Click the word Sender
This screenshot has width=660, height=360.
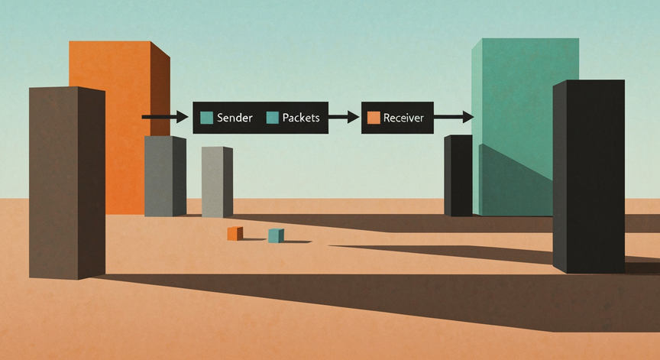point(235,118)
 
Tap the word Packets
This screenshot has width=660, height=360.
point(300,118)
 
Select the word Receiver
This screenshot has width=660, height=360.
point(403,118)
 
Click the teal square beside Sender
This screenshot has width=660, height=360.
point(207,118)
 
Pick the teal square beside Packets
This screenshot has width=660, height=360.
point(273,118)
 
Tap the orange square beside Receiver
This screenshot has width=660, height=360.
point(374,118)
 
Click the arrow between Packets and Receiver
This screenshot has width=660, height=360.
point(344,117)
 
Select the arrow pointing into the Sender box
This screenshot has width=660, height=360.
point(165,117)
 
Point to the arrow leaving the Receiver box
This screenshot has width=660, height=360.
point(454,117)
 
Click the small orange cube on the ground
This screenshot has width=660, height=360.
point(235,233)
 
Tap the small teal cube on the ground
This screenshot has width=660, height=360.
point(276,235)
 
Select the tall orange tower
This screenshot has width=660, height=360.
point(119,126)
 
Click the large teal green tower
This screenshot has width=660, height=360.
point(526,126)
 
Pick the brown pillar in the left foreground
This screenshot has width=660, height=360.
point(67,183)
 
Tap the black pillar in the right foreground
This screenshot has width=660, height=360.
point(588,176)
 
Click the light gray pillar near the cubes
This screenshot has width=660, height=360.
point(217,182)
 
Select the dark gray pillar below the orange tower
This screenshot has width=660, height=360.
point(166,176)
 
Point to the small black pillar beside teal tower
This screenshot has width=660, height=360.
point(458,176)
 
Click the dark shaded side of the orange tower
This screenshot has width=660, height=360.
point(160,89)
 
